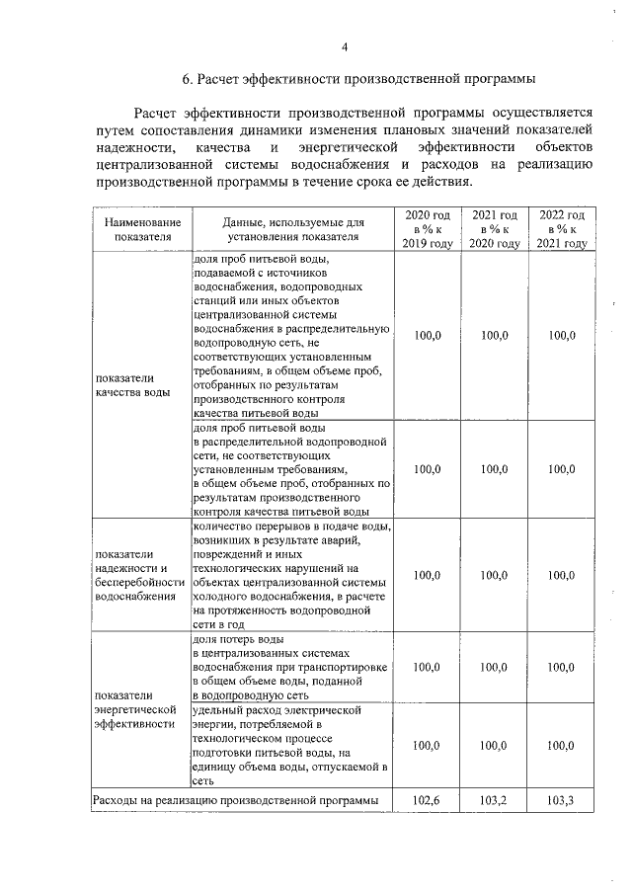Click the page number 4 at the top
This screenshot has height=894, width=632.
pyautogui.click(x=344, y=46)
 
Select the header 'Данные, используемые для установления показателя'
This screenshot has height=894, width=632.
pyautogui.click(x=293, y=230)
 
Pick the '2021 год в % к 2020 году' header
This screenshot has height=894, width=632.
pyautogui.click(x=496, y=229)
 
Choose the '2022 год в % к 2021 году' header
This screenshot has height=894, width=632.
pyautogui.click(x=561, y=229)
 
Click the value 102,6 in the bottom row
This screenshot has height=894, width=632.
pyautogui.click(x=428, y=799)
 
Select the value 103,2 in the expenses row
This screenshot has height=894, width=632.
pyautogui.click(x=496, y=799)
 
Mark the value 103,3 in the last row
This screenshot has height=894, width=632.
pyautogui.click(x=561, y=799)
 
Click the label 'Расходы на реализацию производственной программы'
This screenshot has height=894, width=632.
pyautogui.click(x=235, y=799)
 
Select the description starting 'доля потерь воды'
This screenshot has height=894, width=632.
pyautogui.click(x=291, y=667)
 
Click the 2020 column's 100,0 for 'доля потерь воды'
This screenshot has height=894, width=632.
pyautogui.click(x=428, y=667)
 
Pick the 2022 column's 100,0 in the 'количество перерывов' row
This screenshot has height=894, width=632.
pyautogui.click(x=561, y=575)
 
